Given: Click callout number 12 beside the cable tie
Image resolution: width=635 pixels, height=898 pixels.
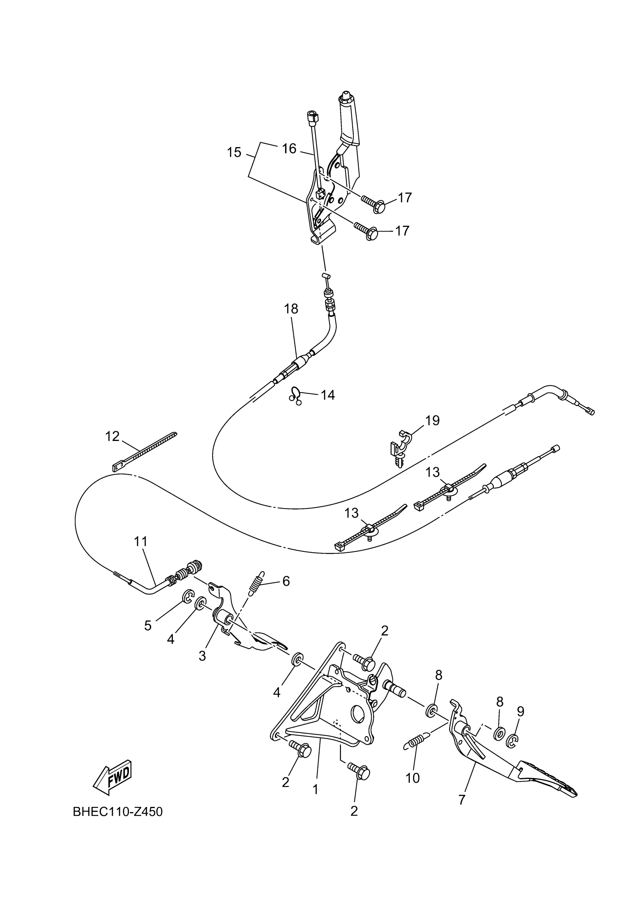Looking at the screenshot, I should (112, 436).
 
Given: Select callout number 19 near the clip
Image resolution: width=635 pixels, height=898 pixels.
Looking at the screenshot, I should (432, 420).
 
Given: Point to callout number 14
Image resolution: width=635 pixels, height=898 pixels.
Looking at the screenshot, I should (328, 395).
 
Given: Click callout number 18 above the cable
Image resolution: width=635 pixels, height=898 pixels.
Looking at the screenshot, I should (291, 309).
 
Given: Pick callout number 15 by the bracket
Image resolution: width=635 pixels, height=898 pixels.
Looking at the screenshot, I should (234, 152).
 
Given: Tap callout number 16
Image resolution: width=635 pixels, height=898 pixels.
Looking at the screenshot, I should (289, 149).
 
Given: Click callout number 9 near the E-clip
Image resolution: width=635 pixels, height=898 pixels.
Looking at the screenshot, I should (520, 711).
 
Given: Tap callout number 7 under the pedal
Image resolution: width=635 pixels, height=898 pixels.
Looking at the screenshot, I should (462, 799).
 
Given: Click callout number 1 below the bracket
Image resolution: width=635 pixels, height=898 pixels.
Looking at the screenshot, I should (315, 790).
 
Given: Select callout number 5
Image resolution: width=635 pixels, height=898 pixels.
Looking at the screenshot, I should (148, 625).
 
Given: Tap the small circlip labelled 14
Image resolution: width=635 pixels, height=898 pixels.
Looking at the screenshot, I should (296, 395).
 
